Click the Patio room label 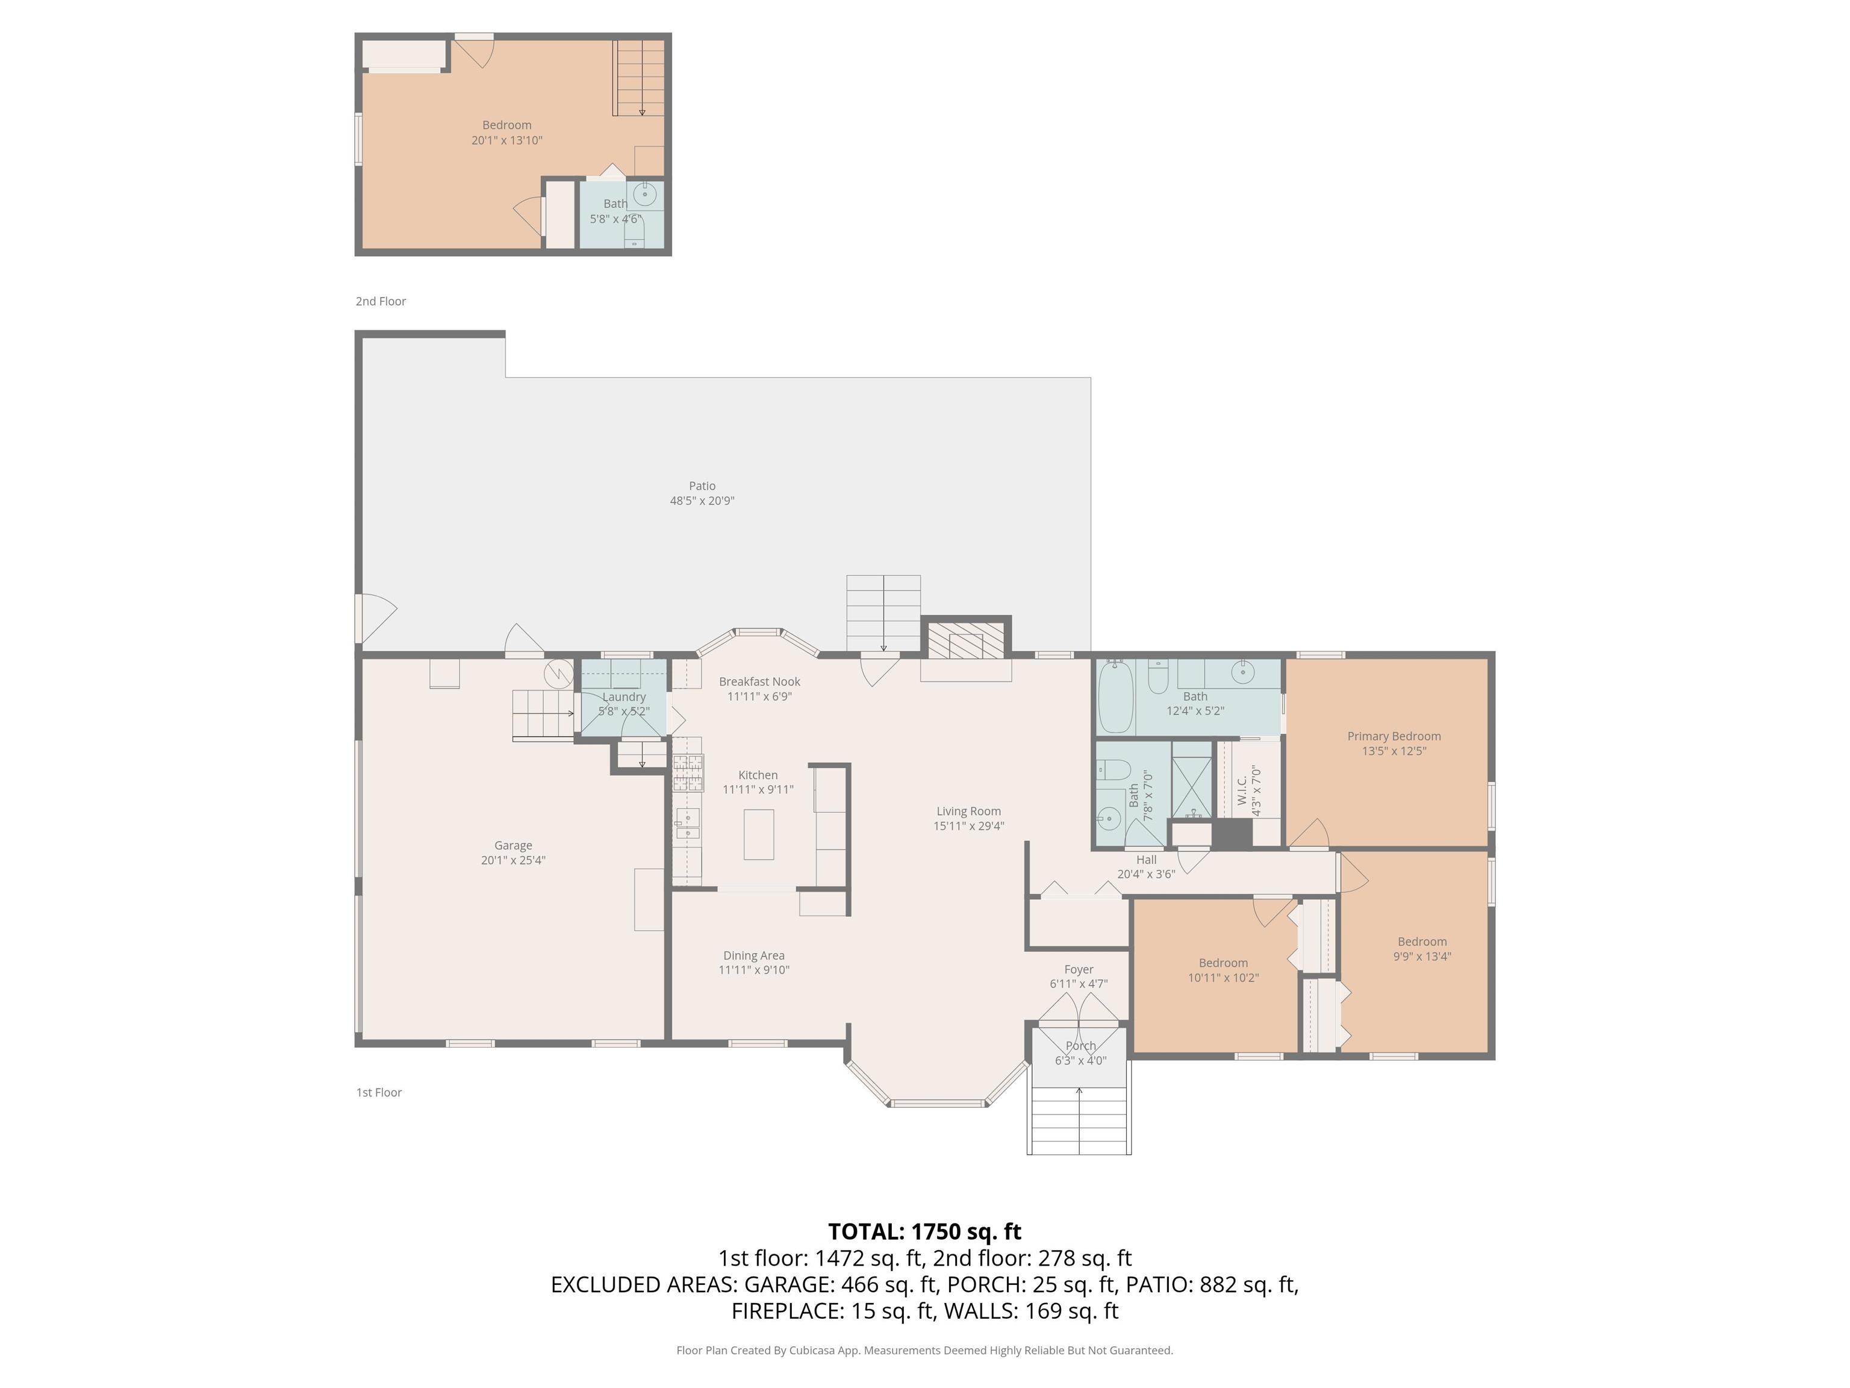(702, 485)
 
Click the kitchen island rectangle (759, 834)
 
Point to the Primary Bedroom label (1394, 736)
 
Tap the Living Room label (968, 811)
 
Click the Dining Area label (753, 955)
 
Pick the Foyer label (1079, 970)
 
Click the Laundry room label (624, 697)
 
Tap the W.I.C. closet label (1242, 790)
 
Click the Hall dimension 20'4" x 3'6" (1146, 874)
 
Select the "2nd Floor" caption (381, 301)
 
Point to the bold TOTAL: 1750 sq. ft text (924, 1231)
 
